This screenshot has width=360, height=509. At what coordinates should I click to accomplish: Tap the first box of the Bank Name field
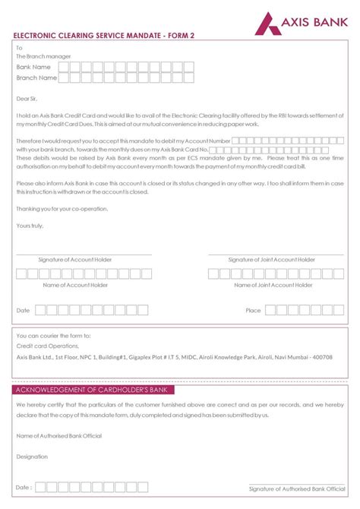[x=64, y=67]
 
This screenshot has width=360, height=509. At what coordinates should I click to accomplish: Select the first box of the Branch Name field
[x=64, y=77]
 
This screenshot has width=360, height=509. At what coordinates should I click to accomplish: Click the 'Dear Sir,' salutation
[x=30, y=97]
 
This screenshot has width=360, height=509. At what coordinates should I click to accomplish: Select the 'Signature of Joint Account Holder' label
[x=272, y=260]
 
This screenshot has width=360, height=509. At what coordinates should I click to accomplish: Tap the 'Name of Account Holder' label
[x=75, y=286]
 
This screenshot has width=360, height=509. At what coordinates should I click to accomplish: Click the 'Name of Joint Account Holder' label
[x=272, y=286]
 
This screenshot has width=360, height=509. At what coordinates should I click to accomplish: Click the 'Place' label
[x=253, y=311]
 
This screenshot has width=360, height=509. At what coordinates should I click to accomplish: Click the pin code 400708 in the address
[x=322, y=357]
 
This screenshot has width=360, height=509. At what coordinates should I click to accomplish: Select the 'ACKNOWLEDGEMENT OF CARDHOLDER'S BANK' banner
[x=93, y=390]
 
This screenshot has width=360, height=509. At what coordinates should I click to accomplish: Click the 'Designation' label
[x=32, y=457]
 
